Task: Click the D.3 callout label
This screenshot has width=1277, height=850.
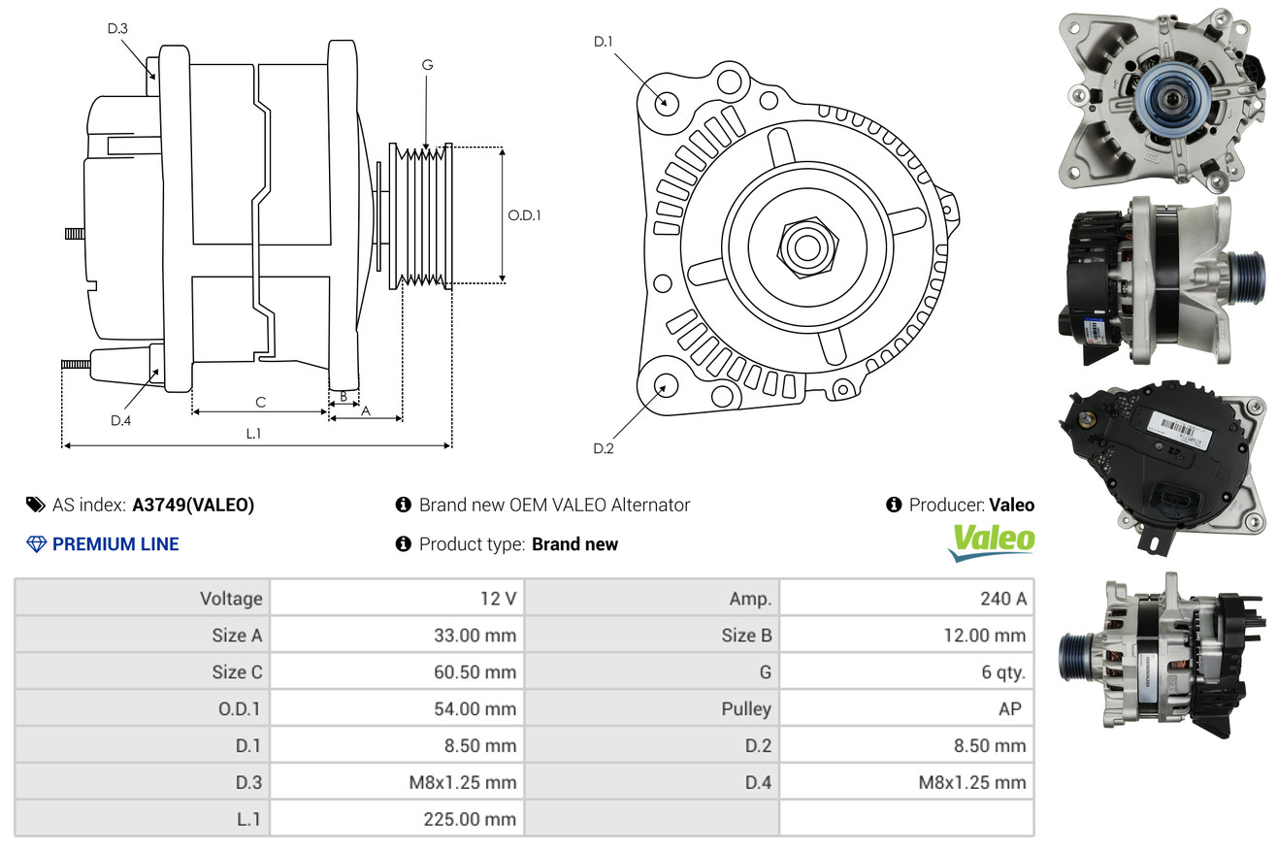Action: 117,28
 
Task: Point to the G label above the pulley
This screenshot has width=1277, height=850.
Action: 427,65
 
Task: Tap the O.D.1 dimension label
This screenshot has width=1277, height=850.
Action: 524,215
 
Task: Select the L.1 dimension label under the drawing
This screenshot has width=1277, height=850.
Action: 253,434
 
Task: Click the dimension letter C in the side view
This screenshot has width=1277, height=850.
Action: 260,402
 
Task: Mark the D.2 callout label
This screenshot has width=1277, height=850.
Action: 604,448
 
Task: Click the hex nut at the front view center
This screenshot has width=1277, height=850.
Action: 804,245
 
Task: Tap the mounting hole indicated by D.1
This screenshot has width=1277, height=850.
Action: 666,101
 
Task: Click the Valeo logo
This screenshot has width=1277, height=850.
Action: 991,541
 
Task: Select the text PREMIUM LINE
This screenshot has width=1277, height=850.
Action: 115,544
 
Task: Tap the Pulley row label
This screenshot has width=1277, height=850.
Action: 746,708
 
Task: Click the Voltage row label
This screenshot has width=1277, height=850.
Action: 231,599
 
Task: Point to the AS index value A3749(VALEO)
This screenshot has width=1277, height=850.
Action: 193,505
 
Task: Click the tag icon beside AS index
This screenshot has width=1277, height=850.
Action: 35,505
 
